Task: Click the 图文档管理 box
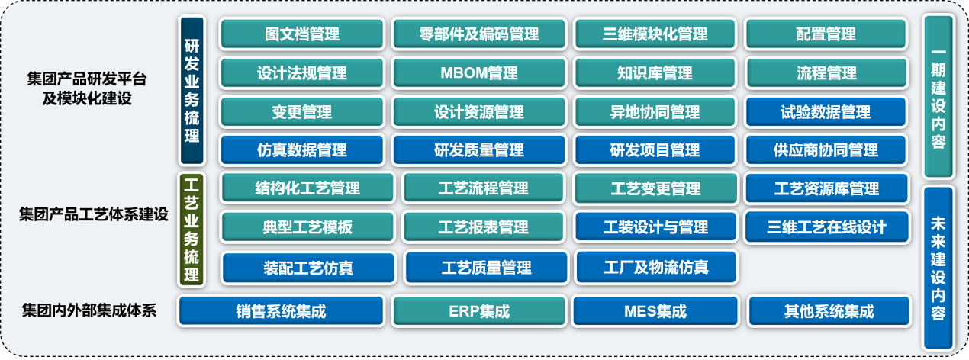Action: click(x=302, y=34)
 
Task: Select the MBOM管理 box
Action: click(x=479, y=72)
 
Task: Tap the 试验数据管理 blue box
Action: click(x=826, y=112)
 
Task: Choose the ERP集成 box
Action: click(x=479, y=310)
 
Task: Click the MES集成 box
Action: click(x=655, y=310)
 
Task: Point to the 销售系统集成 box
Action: click(x=281, y=310)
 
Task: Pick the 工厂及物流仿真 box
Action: click(x=656, y=267)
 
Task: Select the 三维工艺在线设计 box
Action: click(x=826, y=227)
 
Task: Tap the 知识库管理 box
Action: click(x=655, y=72)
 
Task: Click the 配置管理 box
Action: click(x=826, y=34)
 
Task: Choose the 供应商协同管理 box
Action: click(x=826, y=150)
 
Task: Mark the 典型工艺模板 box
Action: click(x=307, y=227)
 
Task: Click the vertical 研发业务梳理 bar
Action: click(x=192, y=91)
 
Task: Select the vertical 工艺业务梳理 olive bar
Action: click(x=192, y=230)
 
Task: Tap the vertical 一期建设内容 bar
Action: click(x=938, y=97)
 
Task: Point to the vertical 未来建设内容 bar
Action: click(x=938, y=268)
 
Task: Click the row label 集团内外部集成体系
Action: click(x=89, y=310)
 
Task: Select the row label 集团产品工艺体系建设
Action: click(x=93, y=214)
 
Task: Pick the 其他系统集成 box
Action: click(x=829, y=310)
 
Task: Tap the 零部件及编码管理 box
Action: click(x=479, y=34)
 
